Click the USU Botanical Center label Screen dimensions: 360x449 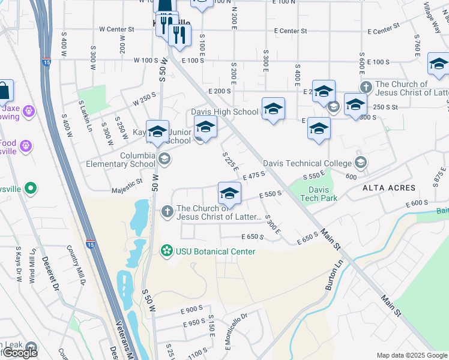pyautogui.click(x=215, y=251)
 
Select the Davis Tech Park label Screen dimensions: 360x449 pyautogui.click(x=319, y=193)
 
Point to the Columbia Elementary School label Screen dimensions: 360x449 pyautogui.click(x=120, y=160)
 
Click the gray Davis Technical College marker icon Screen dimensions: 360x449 pyautogui.click(x=360, y=163)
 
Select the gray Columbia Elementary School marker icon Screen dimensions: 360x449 pyautogui.click(x=164, y=160)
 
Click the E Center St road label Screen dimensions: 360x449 pyautogui.click(x=290, y=31)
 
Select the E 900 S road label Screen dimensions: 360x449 pyautogui.click(x=193, y=310)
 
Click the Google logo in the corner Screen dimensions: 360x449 pyautogui.click(x=20, y=353)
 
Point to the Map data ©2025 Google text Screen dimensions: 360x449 pyautogui.click(x=412, y=355)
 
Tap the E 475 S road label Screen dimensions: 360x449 pyautogui.click(x=254, y=175)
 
